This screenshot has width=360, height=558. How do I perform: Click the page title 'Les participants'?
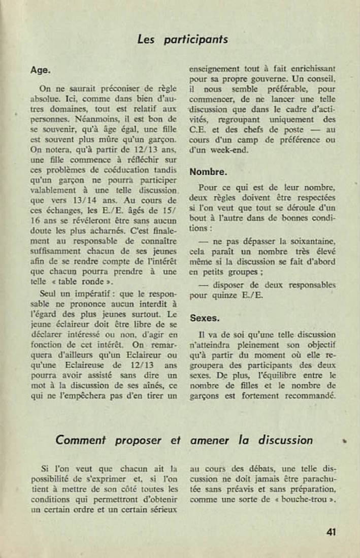tap(182, 39)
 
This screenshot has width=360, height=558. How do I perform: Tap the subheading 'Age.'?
tap(41, 70)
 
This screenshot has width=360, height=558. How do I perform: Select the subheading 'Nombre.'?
tap(208, 172)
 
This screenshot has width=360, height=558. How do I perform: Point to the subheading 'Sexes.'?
tap(205, 318)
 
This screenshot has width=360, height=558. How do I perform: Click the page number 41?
tap(331, 532)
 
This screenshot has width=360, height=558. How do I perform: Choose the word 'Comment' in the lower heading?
tap(83, 440)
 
